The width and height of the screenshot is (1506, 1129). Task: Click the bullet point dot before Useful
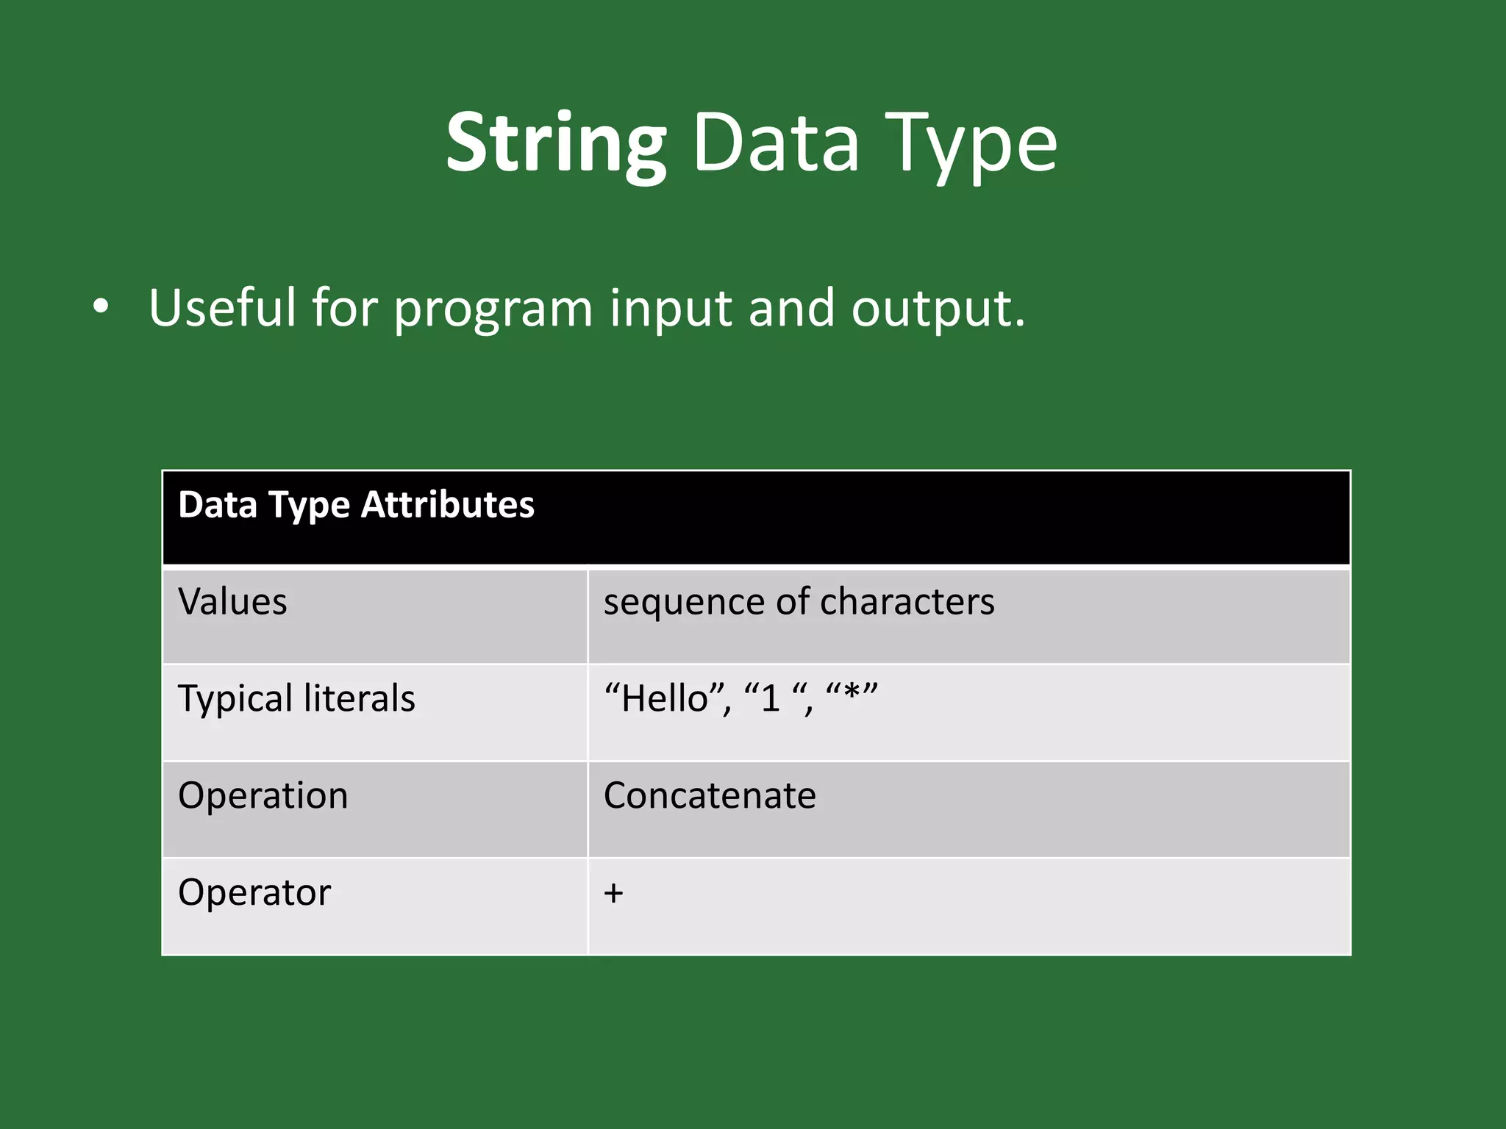pos(101,307)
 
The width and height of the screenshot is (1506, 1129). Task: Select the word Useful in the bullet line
pos(221,307)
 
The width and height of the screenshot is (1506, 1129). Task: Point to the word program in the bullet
pos(493,309)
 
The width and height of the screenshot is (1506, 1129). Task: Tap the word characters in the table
pos(907,602)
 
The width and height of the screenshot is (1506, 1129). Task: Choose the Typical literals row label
pos(296,698)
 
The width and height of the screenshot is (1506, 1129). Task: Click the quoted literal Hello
pos(664,698)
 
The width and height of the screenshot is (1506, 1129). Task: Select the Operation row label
pos(263,795)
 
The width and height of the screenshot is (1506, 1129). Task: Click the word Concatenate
pos(710,795)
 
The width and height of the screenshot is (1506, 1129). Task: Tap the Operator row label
pos(254,893)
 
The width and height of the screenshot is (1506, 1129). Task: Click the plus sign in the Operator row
pos(613,894)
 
